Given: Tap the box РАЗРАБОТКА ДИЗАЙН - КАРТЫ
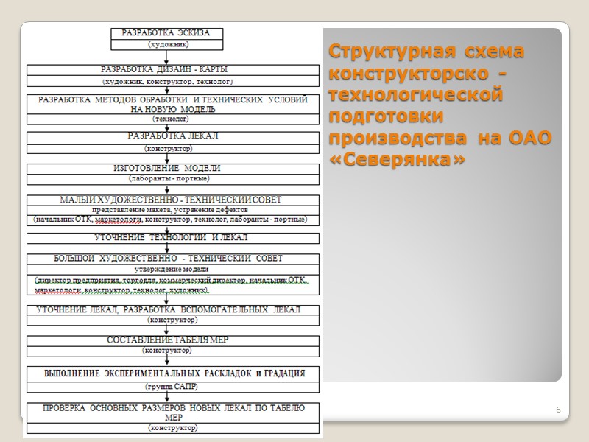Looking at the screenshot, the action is point(173,69).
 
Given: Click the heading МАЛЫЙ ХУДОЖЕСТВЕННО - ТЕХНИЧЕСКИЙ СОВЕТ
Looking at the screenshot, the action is point(170,200).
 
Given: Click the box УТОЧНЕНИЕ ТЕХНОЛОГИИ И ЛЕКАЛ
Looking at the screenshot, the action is point(172,238).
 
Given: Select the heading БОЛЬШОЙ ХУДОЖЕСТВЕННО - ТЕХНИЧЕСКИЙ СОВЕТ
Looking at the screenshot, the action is point(169,259).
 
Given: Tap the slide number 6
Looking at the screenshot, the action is point(558,410).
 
